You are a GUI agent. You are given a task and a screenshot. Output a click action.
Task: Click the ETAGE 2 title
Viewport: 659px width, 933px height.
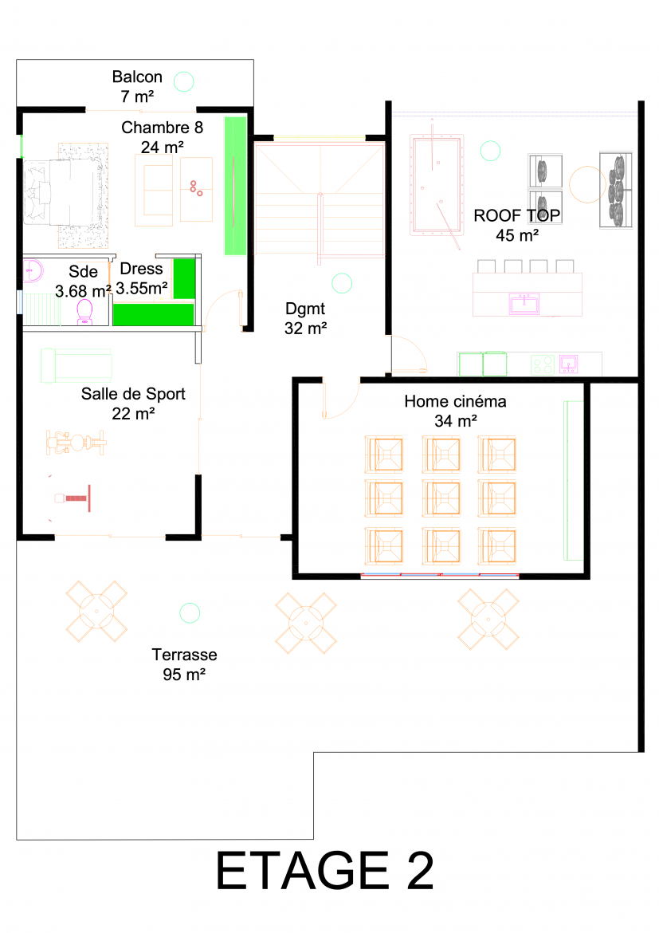point(324,871)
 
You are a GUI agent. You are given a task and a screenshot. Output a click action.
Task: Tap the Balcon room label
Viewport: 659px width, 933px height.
point(137,77)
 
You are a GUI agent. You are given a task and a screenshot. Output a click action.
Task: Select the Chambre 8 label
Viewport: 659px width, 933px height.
point(162,128)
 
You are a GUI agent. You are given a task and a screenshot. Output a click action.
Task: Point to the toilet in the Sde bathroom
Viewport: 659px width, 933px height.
point(84,312)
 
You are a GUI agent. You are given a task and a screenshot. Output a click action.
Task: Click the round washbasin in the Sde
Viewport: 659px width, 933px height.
point(33,271)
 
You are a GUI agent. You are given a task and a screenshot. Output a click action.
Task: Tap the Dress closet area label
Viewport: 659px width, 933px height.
point(141,269)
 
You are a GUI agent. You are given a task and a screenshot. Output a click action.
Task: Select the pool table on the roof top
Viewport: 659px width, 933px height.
point(437,185)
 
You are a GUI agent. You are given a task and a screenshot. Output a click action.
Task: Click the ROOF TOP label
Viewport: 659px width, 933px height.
point(517,215)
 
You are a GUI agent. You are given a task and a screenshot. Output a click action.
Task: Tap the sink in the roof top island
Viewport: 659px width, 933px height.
point(524,303)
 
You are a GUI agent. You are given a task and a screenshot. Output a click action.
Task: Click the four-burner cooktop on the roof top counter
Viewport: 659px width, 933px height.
point(543,364)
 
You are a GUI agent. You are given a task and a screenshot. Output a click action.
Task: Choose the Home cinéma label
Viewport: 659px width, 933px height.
point(455,402)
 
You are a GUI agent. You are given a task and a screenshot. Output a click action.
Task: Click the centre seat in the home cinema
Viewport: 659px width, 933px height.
point(441,498)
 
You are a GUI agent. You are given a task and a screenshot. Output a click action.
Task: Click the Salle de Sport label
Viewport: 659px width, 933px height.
point(133,394)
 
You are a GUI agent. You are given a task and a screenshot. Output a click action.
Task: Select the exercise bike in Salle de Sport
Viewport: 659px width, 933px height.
point(76,443)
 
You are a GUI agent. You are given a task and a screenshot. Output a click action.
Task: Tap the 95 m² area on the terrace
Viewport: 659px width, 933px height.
point(184,674)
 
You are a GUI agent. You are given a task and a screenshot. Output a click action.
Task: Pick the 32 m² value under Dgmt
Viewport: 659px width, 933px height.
point(306,328)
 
